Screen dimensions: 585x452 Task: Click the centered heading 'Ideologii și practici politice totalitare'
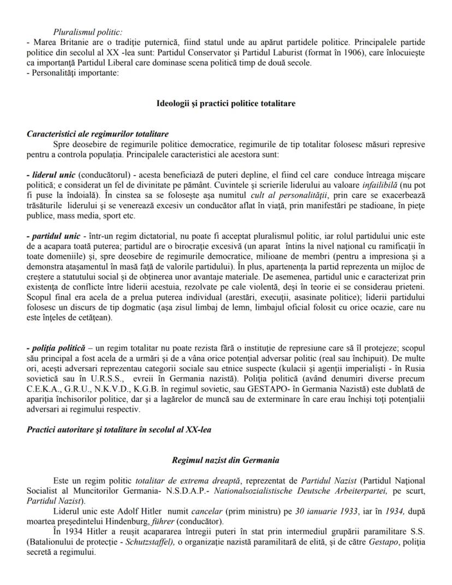point(226,103)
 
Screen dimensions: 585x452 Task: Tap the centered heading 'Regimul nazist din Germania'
point(225,460)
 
